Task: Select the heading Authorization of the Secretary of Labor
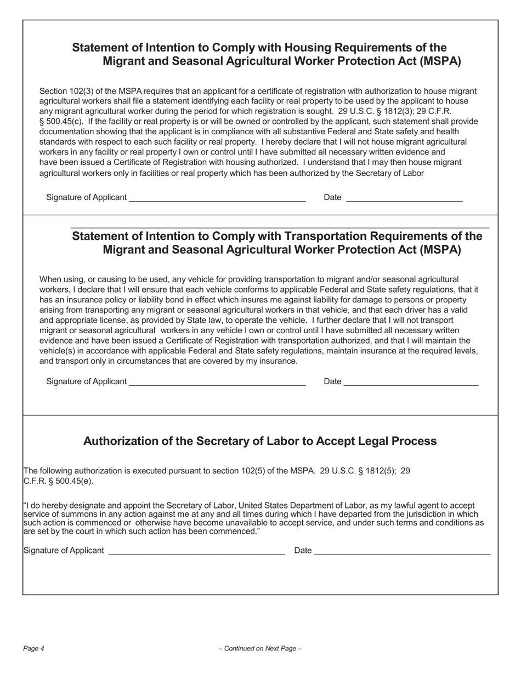pos(259,441)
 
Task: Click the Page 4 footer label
pos(33,649)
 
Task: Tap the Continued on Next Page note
pos(260,649)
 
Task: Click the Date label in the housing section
pos(332,197)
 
